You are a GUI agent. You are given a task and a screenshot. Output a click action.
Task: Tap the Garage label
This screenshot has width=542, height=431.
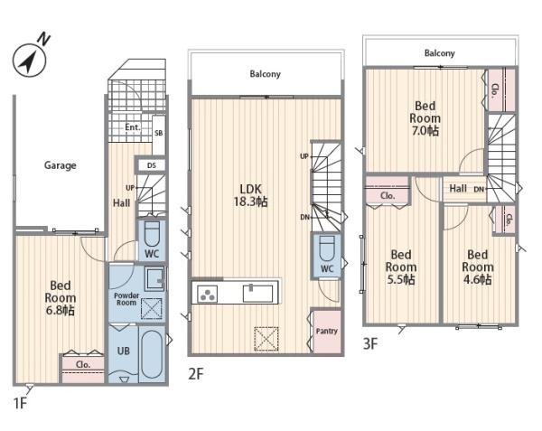(x=61, y=165)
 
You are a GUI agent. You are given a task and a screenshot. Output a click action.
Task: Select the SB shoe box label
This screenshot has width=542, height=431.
(x=159, y=133)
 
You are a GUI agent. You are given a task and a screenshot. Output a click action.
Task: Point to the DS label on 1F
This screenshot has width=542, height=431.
(x=152, y=165)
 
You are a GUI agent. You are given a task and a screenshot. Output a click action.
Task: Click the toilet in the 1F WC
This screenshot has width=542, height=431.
(x=152, y=233)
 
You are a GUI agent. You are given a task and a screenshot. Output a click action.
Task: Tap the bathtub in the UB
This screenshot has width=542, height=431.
(x=152, y=354)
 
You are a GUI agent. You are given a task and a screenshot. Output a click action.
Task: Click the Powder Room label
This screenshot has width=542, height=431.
(x=126, y=299)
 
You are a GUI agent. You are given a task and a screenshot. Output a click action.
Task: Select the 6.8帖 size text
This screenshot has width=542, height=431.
(x=61, y=311)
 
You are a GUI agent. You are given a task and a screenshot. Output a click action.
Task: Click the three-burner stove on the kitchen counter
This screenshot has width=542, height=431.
(x=207, y=295)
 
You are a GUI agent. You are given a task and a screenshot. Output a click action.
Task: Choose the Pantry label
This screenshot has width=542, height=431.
(x=327, y=331)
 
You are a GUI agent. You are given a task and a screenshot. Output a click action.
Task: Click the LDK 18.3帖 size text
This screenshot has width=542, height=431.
(x=250, y=201)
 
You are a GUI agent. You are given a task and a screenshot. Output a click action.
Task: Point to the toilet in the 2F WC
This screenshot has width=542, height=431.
(x=327, y=248)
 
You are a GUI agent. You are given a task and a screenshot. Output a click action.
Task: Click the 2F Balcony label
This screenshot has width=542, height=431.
(x=265, y=74)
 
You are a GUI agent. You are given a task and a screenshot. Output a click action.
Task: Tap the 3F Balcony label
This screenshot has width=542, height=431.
(x=439, y=53)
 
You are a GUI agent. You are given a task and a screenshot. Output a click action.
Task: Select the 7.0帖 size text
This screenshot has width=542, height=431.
(x=425, y=131)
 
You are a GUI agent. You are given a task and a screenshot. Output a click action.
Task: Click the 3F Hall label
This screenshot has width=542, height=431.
(x=458, y=188)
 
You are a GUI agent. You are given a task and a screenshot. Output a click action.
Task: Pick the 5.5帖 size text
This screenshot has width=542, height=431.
(x=401, y=279)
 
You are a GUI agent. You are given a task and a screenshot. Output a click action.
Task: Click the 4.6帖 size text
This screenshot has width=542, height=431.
(x=477, y=279)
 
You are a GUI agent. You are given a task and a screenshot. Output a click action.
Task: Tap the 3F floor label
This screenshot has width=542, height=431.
(x=370, y=344)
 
